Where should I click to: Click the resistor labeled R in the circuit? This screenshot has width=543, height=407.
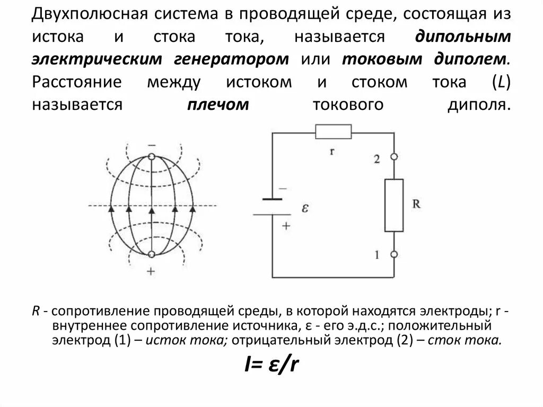393,205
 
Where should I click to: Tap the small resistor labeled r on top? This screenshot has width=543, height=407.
333,131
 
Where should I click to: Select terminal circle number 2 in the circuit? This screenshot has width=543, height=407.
393,157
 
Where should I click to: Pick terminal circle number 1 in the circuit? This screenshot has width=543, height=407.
393,255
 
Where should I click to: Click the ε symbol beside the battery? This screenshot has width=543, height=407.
305,208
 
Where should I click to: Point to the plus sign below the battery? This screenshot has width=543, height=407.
286,225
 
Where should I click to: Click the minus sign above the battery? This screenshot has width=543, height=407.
282,188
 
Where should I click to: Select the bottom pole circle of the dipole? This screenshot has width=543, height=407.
152,255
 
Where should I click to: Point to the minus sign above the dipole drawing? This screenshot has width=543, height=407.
152,144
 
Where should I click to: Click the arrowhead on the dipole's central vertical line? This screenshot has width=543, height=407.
152,210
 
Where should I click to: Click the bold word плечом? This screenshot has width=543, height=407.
217,105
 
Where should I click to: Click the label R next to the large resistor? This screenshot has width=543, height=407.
416,204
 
